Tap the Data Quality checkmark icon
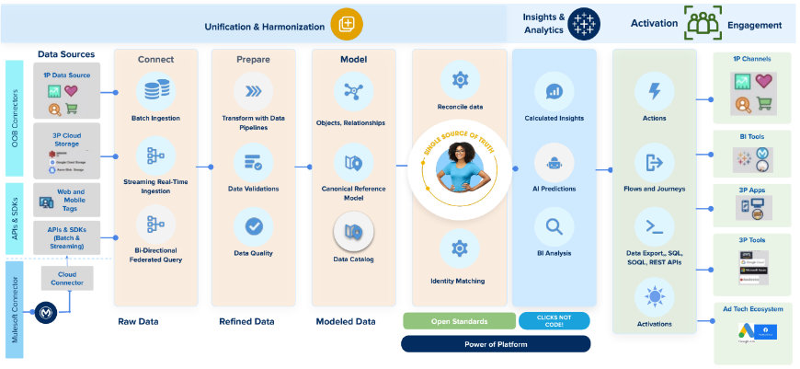click(x=253, y=225)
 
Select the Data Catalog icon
click(x=353, y=231)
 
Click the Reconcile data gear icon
click(x=460, y=80)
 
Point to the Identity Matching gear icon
click(x=459, y=248)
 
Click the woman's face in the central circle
click(x=461, y=153)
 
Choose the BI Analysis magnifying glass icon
click(x=554, y=225)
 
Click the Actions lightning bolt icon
click(x=655, y=91)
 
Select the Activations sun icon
click(x=655, y=296)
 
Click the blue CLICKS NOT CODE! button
click(x=554, y=320)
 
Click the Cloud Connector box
click(x=67, y=279)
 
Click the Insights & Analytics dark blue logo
click(x=583, y=25)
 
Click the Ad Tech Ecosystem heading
click(x=752, y=309)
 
